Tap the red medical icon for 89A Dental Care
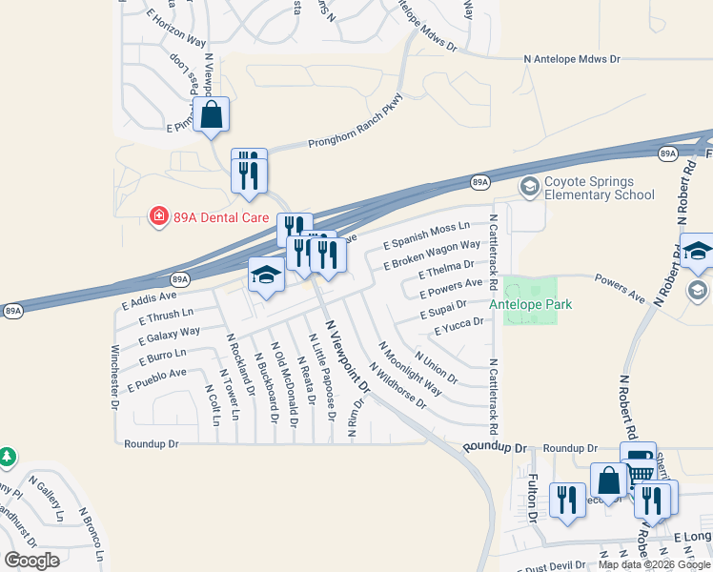point(158,217)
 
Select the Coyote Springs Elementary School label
point(599,188)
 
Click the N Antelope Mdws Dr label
point(572,59)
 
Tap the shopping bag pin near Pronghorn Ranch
point(213,115)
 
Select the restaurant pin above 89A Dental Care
point(249,172)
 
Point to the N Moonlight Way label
point(410,368)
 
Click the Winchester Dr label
point(114,377)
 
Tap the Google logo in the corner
point(31,561)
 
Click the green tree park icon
point(8,458)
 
